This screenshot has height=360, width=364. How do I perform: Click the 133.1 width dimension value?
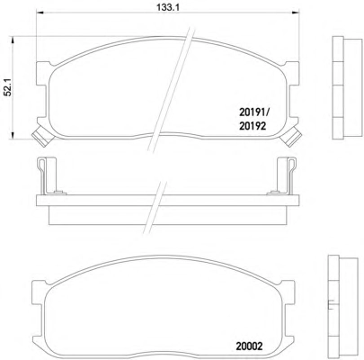pos(168,7)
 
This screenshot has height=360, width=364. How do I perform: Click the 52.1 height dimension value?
pos(7,87)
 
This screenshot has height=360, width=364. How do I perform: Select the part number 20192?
pos(253,126)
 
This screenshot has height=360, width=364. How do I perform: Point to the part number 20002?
pos(249,346)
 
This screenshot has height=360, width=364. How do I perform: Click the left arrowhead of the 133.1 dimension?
pos(40,13)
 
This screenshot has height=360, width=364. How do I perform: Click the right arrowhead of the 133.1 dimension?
pos(296,13)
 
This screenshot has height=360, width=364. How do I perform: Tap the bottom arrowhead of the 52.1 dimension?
pos(13,135)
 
